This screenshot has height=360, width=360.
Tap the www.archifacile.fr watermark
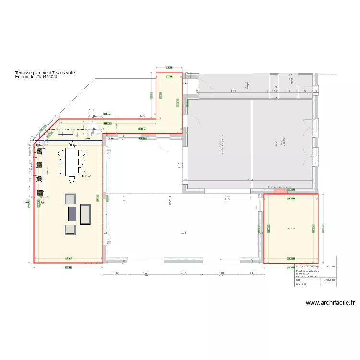coord(330,303)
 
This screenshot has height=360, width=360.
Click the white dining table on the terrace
coord(73,162)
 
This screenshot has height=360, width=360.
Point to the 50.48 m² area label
coord(86,176)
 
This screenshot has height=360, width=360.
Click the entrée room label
coord(247,85)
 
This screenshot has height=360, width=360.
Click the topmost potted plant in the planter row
coord(39,155)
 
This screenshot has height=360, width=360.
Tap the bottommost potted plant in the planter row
coord(39,194)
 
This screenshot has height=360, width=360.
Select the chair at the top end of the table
coord(73,144)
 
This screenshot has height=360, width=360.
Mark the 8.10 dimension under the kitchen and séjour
coord(250,180)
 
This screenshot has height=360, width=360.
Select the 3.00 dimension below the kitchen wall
coord(227,196)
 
